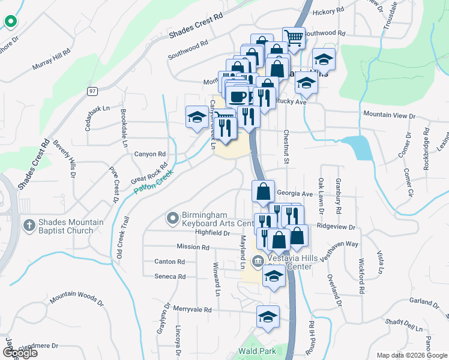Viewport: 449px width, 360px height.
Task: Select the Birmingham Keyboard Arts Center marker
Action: pyautogui.click(x=173, y=217)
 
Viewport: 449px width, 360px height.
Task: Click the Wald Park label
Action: pyautogui.click(x=257, y=350)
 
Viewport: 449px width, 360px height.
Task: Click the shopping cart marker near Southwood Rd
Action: pyautogui.click(x=294, y=38)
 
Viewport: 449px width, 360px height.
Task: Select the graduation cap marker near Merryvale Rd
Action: pyautogui.click(x=268, y=317)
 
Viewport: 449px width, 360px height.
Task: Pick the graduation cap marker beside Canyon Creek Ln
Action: pyautogui.click(x=197, y=116)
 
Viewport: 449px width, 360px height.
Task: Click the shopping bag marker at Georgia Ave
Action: pyautogui.click(x=263, y=192)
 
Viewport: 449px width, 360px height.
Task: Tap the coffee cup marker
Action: pyautogui.click(x=238, y=96)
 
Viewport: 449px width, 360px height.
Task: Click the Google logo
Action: pyautogui.click(x=20, y=352)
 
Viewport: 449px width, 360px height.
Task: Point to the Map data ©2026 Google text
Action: pyautogui.click(x=411, y=355)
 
